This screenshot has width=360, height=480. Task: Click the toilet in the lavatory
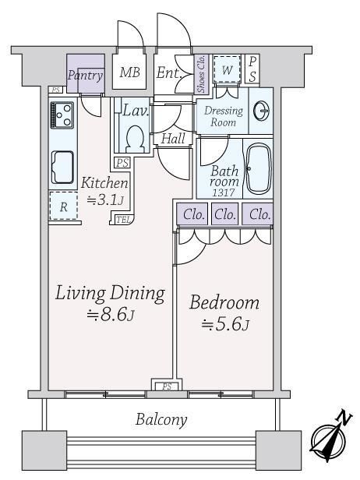(x=135, y=139)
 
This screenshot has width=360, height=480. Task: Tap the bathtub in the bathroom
(x=259, y=168)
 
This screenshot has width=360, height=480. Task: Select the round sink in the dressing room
(x=262, y=111)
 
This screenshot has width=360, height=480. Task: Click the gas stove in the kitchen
(x=62, y=115)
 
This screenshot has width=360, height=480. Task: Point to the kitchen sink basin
(x=62, y=167)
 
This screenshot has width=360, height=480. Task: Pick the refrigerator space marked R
(x=63, y=206)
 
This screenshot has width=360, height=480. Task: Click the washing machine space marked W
(x=227, y=69)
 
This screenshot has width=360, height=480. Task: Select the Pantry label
(x=85, y=75)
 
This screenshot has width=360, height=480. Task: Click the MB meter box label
(x=129, y=72)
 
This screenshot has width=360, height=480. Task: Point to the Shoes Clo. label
(x=201, y=74)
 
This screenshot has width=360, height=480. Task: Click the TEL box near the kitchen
(x=124, y=219)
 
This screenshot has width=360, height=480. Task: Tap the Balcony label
(x=161, y=419)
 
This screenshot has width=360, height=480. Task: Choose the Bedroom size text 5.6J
(x=225, y=324)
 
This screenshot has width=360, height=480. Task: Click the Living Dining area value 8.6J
(x=111, y=314)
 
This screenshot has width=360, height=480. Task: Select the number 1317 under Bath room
(x=224, y=192)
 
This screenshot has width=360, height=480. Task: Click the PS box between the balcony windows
(x=167, y=386)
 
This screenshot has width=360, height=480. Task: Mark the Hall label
(x=173, y=139)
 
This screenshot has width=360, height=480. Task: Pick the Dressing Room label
(x=224, y=116)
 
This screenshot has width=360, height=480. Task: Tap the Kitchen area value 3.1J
(x=105, y=200)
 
